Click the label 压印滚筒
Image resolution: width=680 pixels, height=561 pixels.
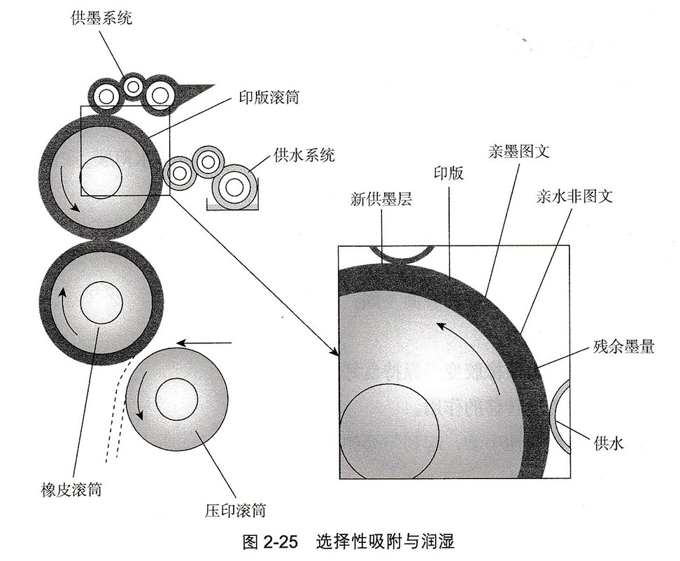click(235, 511)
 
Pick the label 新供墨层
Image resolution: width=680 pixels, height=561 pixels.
click(381, 199)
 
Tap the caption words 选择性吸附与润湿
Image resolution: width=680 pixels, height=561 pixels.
click(385, 541)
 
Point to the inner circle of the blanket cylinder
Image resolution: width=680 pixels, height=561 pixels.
click(101, 302)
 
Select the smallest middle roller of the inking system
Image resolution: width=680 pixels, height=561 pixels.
click(133, 86)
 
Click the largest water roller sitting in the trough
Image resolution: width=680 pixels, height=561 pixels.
click(234, 185)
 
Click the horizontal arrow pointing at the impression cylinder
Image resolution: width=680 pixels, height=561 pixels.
click(203, 343)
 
